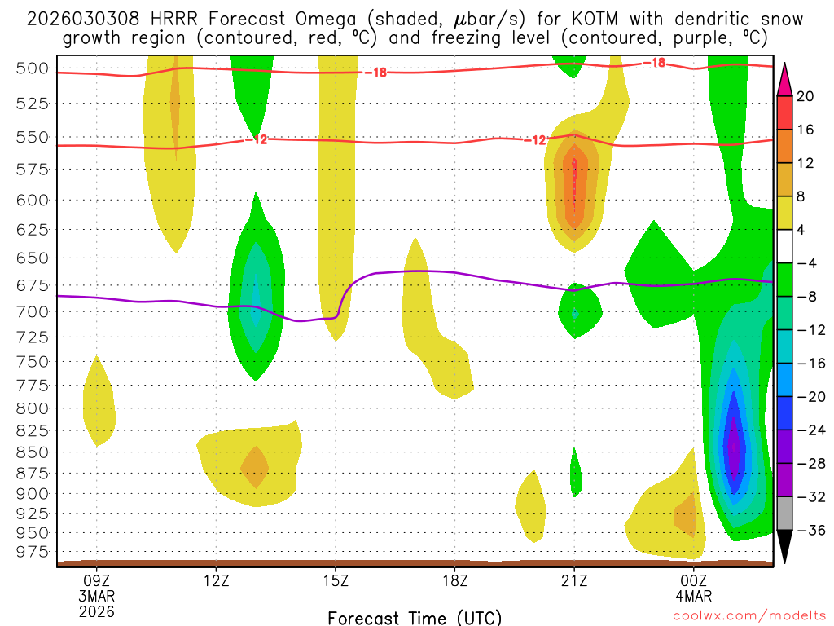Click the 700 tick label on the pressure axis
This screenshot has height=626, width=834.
click(33, 311)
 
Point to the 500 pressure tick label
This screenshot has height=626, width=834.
click(33, 68)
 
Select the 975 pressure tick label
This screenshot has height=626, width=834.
click(33, 552)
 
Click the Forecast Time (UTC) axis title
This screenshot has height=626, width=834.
click(415, 617)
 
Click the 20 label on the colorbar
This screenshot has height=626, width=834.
click(805, 96)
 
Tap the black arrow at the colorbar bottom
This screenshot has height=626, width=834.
click(785, 547)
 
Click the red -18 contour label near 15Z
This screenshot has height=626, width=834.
click(375, 73)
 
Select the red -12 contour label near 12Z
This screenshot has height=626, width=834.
click(256, 140)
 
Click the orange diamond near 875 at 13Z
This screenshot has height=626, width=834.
click(255, 467)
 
